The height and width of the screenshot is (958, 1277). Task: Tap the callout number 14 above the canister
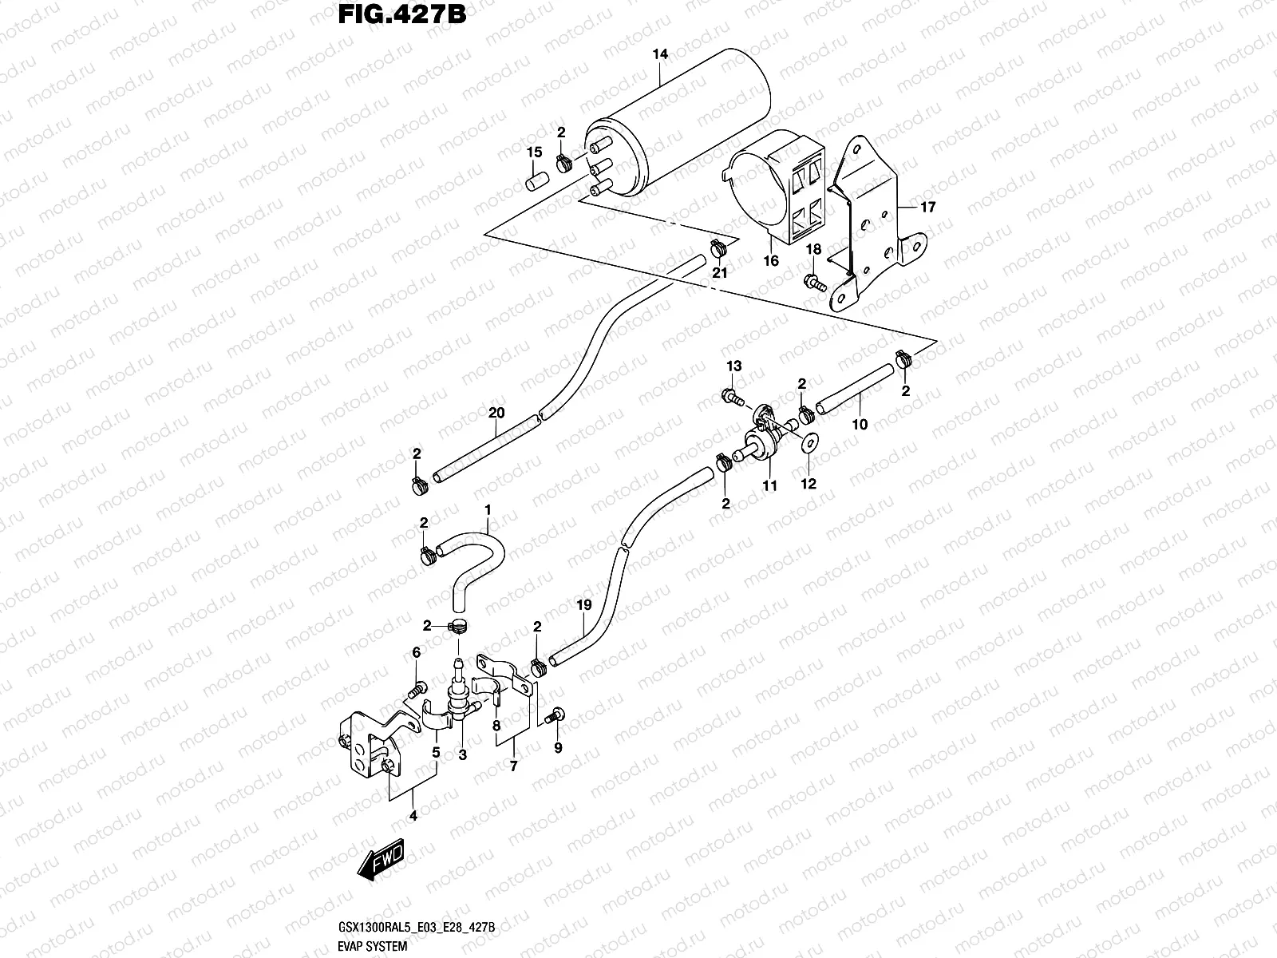659,55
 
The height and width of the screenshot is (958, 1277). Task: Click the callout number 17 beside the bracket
927,208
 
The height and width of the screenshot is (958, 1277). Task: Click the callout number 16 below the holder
770,261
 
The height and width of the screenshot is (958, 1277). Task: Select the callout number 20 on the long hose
496,413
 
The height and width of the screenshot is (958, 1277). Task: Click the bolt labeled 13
733,394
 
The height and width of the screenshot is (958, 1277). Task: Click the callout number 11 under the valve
769,485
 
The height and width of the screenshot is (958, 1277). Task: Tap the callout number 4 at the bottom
413,816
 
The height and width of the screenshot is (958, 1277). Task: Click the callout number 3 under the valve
462,754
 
